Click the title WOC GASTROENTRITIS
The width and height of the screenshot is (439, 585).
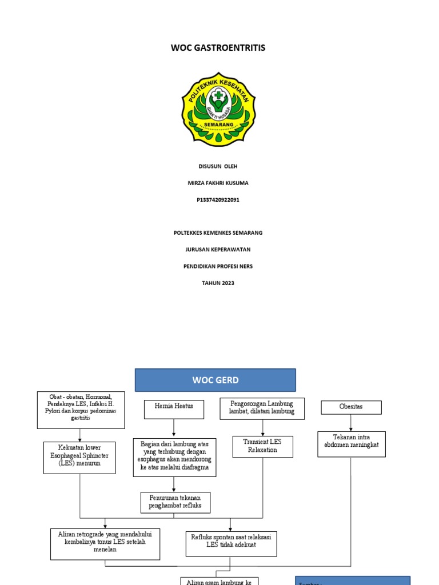(218, 48)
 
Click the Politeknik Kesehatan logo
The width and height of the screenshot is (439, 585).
(218, 109)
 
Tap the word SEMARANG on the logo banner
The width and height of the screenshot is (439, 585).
(218, 124)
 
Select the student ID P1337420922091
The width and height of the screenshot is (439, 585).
(218, 200)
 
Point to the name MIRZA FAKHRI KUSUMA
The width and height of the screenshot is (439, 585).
(218, 183)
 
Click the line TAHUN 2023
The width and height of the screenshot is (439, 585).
(218, 283)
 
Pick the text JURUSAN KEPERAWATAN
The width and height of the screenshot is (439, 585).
(218, 250)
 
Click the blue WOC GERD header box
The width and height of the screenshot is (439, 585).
(215, 380)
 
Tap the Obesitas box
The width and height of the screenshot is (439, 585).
(351, 407)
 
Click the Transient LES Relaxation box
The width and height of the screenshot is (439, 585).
(262, 446)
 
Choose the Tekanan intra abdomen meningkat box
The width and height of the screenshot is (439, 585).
(352, 444)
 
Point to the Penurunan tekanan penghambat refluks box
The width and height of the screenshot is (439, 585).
(175, 502)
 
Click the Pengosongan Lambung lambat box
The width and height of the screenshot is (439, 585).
(262, 408)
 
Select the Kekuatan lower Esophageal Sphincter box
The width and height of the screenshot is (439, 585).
(79, 457)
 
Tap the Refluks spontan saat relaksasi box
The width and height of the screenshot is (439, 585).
(231, 543)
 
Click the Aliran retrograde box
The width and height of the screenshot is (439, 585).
(105, 543)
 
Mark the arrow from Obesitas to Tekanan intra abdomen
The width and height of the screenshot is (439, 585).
(351, 423)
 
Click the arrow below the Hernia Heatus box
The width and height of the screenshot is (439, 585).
(174, 428)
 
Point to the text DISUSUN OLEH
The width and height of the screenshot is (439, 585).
(218, 166)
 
